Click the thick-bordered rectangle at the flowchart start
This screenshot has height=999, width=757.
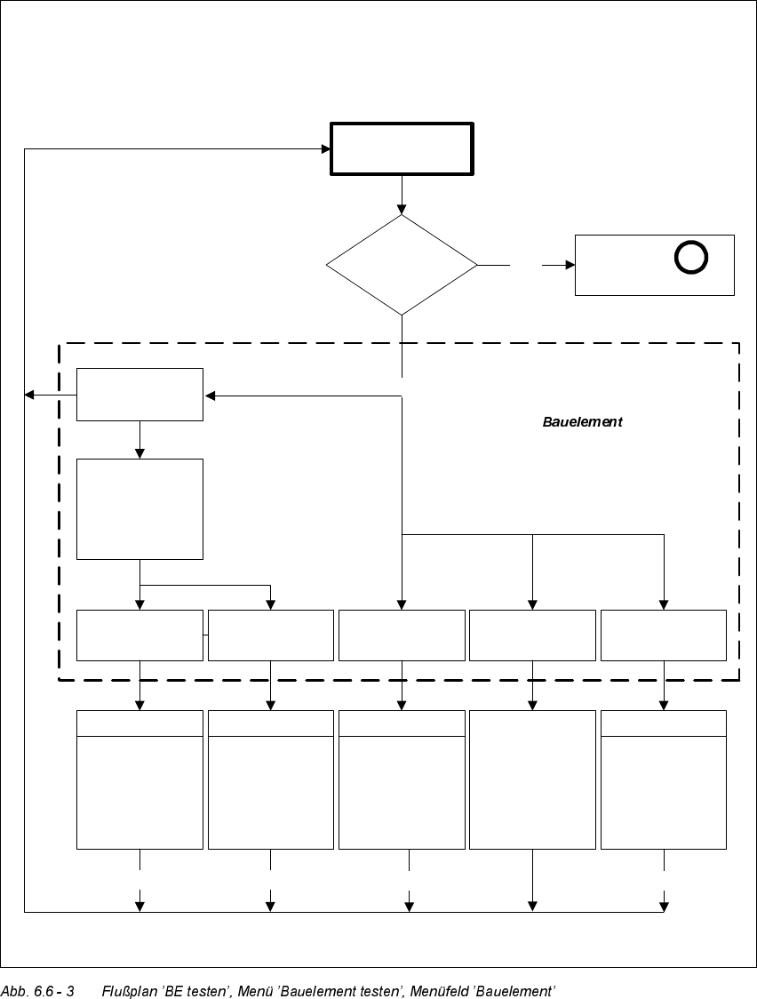pyautogui.click(x=402, y=149)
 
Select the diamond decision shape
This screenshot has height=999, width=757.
pyautogui.click(x=402, y=265)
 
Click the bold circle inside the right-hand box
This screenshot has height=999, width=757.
pyautogui.click(x=691, y=258)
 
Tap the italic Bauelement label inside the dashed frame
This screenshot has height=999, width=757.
pyautogui.click(x=582, y=422)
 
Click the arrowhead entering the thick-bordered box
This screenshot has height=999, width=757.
pyautogui.click(x=326, y=149)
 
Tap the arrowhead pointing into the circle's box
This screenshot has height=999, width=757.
pyautogui.click(x=570, y=265)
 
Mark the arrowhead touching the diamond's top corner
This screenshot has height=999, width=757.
pyautogui.click(x=402, y=209)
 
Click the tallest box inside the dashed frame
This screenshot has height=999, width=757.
pyautogui.click(x=139, y=508)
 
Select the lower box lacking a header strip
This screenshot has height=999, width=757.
pyautogui.click(x=532, y=779)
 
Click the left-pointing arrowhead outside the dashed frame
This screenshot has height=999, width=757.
pyautogui.click(x=29, y=395)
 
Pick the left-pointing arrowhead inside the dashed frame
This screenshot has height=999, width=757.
pyautogui.click(x=210, y=396)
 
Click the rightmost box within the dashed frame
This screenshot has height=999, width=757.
pyautogui.click(x=664, y=635)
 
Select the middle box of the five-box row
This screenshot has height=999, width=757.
pyautogui.click(x=402, y=635)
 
